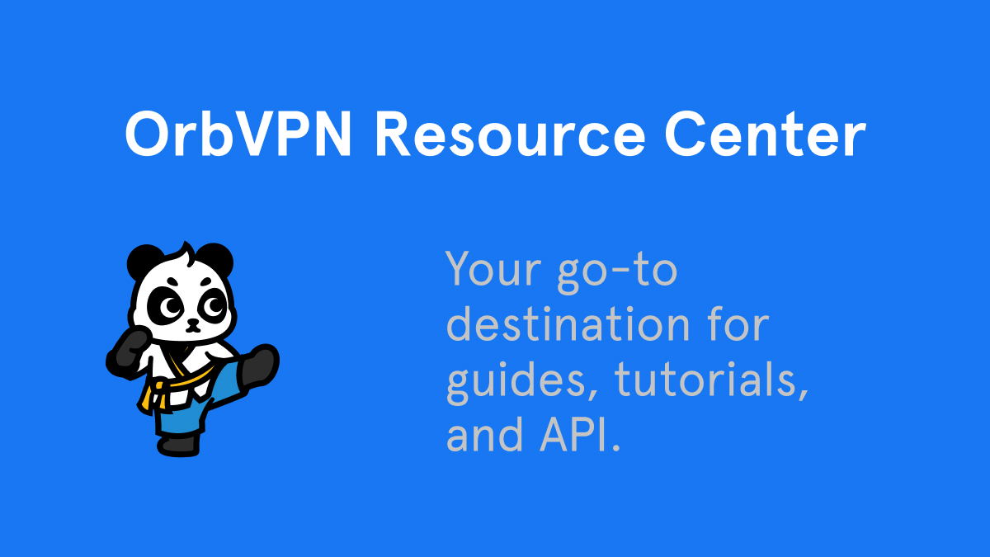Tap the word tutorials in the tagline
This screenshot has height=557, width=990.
point(710,380)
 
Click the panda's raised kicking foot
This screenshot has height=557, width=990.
point(260,364)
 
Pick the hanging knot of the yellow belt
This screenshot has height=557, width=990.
point(148,397)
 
